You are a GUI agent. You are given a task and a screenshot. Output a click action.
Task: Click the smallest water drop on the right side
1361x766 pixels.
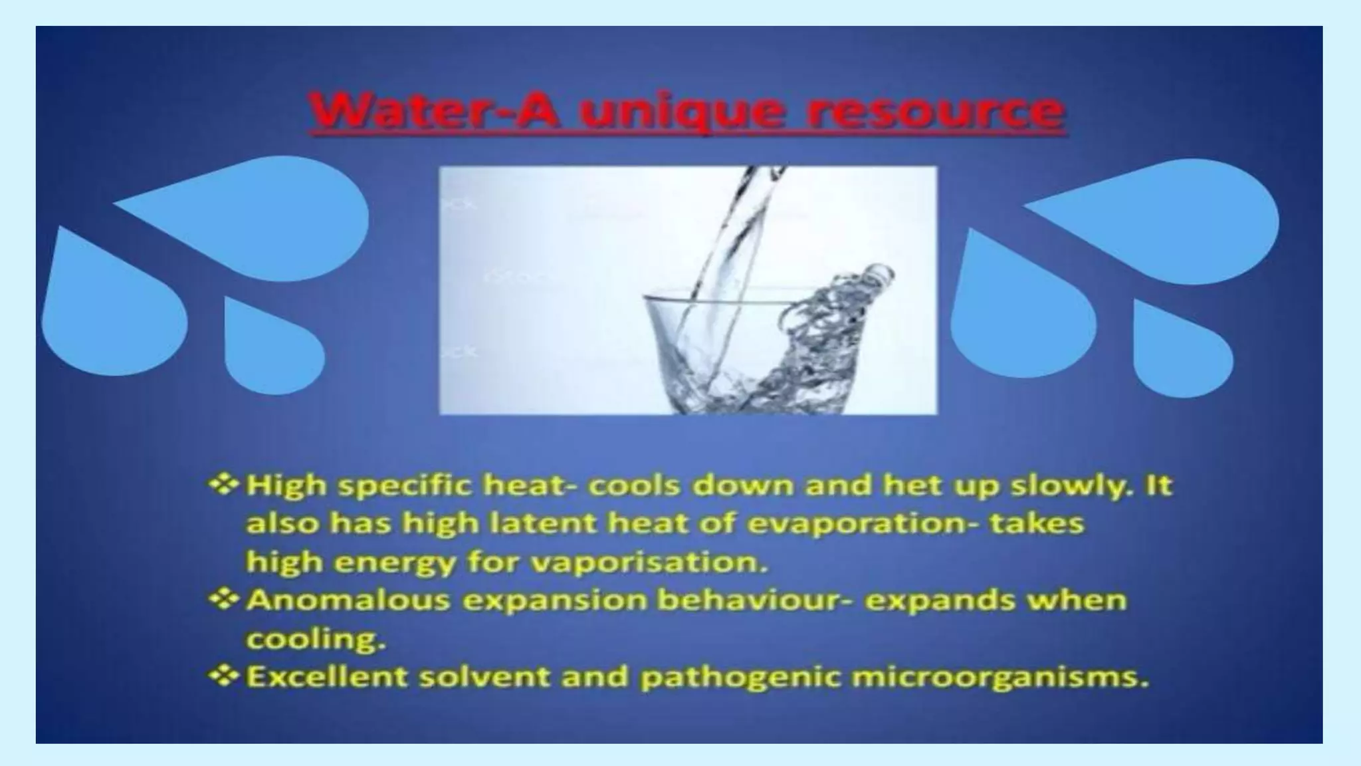(x=1180, y=352)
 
